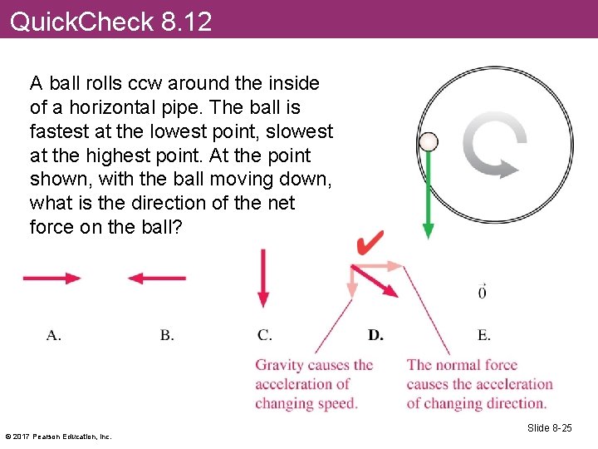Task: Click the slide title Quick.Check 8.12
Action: (x=110, y=21)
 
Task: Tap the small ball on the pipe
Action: (x=429, y=141)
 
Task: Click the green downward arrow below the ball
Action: (x=429, y=200)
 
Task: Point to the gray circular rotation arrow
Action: (x=495, y=146)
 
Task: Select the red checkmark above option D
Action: (x=370, y=244)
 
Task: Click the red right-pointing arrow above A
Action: (x=51, y=279)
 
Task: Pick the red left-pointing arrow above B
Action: (x=157, y=279)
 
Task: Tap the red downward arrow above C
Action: (x=263, y=279)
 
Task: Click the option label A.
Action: (x=53, y=335)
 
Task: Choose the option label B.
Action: (x=167, y=335)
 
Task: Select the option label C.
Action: (x=264, y=335)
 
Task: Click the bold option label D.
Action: (x=375, y=335)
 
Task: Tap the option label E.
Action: (x=483, y=335)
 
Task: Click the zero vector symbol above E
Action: (x=483, y=292)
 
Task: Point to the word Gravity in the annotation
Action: (x=278, y=365)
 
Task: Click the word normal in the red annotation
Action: (x=456, y=364)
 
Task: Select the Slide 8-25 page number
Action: (x=549, y=427)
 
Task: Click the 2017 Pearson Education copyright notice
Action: (x=58, y=436)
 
